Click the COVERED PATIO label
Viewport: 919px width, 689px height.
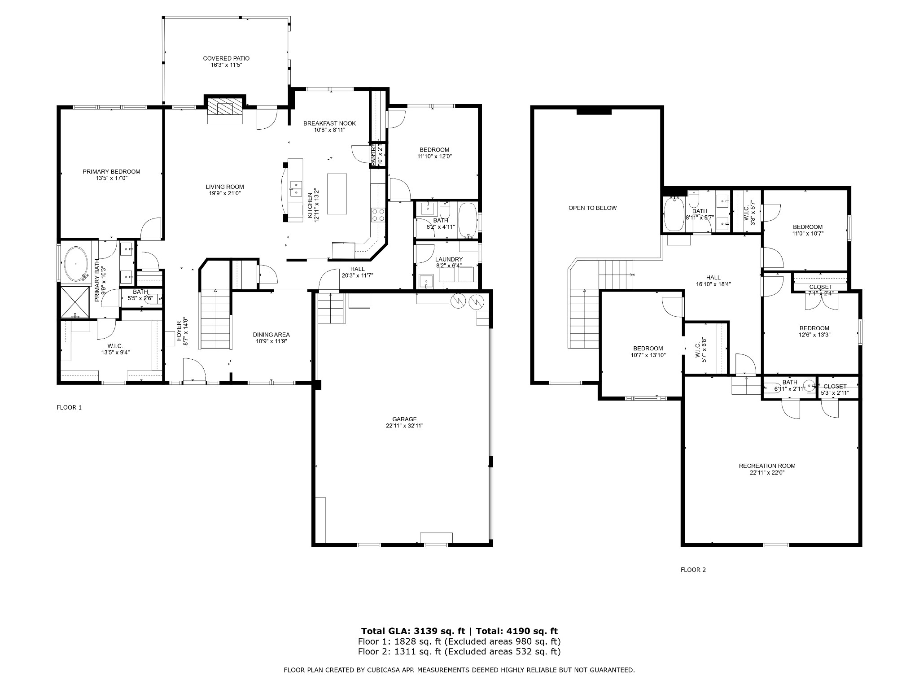pyautogui.click(x=226, y=58)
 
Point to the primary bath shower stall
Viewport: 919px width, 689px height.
pyautogui.click(x=75, y=302)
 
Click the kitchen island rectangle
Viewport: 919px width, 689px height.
pyautogui.click(x=337, y=194)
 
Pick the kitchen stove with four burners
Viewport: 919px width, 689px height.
pyautogui.click(x=378, y=215)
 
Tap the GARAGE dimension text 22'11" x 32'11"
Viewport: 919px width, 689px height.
pyautogui.click(x=404, y=426)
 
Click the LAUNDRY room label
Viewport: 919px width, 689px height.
pyautogui.click(x=448, y=259)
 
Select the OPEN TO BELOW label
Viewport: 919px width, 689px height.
pyautogui.click(x=592, y=208)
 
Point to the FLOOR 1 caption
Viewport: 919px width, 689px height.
pyautogui.click(x=69, y=407)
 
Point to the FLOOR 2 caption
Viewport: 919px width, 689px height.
pyautogui.click(x=693, y=570)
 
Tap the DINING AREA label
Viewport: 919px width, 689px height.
pyautogui.click(x=271, y=335)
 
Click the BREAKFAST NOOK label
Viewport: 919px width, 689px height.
pyautogui.click(x=329, y=123)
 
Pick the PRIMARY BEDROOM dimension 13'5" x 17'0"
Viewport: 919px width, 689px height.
pyautogui.click(x=111, y=178)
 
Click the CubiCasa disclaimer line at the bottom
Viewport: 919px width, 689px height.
pyautogui.click(x=459, y=670)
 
